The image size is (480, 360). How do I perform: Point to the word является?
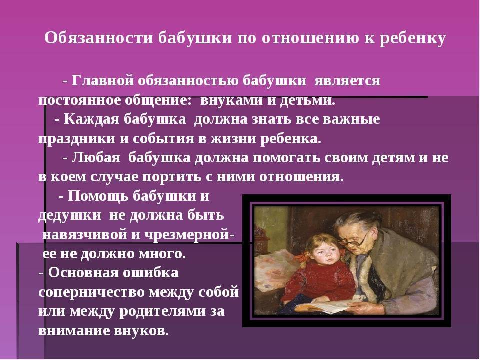pos(347,81)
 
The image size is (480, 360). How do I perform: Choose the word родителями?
pos(157,311)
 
